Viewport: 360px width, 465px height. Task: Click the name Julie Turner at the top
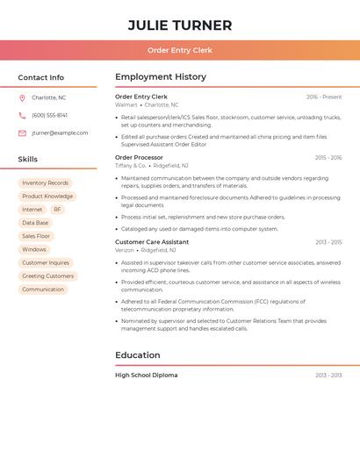180,25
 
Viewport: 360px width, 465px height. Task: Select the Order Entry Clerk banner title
180,51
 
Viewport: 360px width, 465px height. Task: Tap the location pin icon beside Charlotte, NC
22,97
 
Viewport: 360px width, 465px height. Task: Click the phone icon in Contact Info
22,115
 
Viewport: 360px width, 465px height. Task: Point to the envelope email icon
22,132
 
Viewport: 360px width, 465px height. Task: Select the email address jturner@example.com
60,132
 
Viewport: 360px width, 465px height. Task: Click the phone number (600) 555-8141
49,115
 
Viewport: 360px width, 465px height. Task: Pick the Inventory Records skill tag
45,183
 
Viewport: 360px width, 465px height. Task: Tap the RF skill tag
57,210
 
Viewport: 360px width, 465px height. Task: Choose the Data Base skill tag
35,223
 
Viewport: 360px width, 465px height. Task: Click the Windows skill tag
34,249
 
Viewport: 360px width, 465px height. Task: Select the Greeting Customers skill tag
47,275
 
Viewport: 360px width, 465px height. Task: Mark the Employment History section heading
161,77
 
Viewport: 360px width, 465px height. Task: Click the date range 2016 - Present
324,97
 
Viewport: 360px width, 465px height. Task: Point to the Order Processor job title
140,158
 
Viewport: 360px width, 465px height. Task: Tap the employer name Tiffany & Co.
130,165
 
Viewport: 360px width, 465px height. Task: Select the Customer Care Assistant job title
152,242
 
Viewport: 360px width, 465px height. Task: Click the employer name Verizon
125,250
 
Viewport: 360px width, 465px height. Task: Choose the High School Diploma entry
146,375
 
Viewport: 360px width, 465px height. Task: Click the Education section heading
138,355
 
